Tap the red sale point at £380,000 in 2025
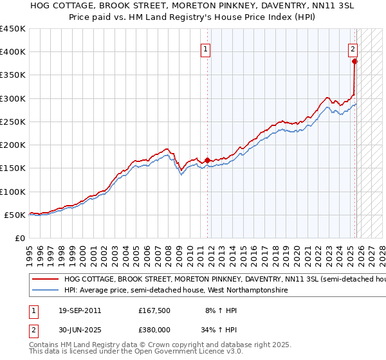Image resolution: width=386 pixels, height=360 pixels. (x=354, y=62)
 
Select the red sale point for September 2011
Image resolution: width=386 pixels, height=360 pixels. (x=207, y=160)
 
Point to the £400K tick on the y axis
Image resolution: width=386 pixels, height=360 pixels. (x=13, y=52)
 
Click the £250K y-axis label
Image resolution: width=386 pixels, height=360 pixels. (x=13, y=122)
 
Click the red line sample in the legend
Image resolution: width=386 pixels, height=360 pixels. (x=45, y=280)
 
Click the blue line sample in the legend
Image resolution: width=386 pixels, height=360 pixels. (x=45, y=291)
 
